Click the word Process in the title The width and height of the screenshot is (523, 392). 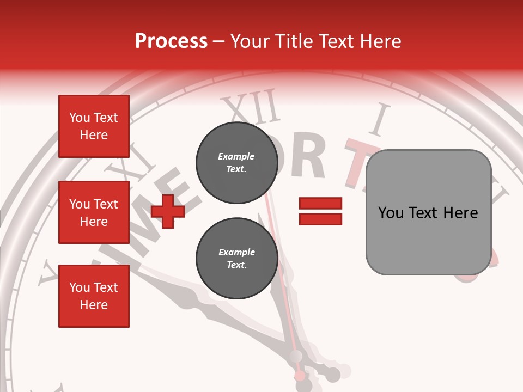[171, 41]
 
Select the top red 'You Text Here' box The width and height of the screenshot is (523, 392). [94, 126]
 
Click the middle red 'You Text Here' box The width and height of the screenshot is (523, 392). [94, 212]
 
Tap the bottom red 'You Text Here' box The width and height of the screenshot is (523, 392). [94, 296]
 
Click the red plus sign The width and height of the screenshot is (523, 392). [168, 211]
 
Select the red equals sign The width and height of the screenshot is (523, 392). [320, 211]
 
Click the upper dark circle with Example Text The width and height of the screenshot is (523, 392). [236, 163]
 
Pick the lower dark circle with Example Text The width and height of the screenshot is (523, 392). [236, 259]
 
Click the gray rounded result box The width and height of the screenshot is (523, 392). [428, 212]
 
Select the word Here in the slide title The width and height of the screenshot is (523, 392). [380, 41]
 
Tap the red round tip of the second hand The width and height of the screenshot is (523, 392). [300, 376]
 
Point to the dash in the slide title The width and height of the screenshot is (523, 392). [218, 41]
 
